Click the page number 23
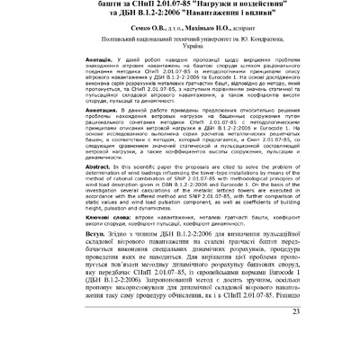coord(345,338)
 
